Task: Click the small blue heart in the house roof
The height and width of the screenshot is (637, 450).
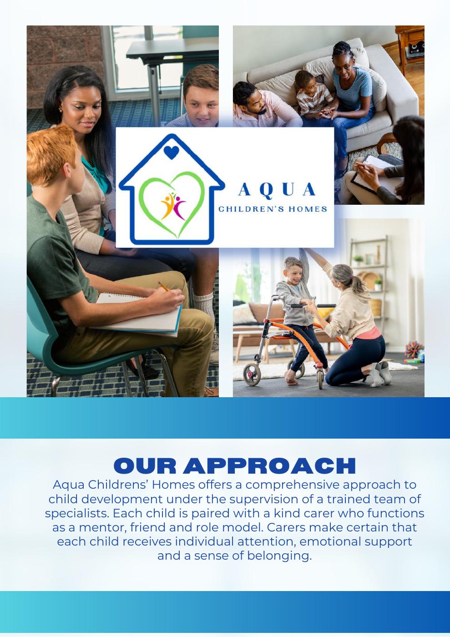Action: (x=171, y=152)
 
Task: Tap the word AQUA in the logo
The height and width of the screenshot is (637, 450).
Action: (x=277, y=189)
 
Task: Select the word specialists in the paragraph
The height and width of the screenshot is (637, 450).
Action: (x=77, y=513)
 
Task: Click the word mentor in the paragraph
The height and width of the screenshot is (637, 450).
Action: (x=103, y=528)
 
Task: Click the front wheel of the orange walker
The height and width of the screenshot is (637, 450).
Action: (x=252, y=375)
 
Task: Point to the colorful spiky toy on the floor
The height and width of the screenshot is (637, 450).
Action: (x=414, y=349)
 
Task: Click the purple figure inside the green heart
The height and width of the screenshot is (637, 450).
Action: (x=179, y=207)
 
